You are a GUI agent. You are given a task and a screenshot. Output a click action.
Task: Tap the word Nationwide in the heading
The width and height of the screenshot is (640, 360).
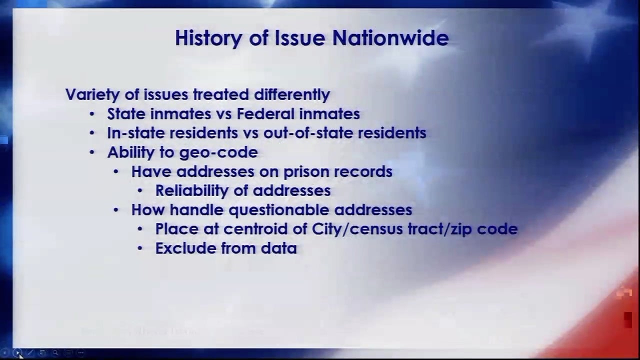[390, 37]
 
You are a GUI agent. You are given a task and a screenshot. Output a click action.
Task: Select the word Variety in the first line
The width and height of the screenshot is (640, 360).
[92, 95]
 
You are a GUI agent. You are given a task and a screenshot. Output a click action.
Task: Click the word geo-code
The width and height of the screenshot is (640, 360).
[218, 152]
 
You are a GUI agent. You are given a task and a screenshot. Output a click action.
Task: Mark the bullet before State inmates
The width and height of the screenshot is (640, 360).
[91, 114]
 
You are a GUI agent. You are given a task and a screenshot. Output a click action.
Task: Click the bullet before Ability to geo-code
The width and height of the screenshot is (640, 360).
[91, 152]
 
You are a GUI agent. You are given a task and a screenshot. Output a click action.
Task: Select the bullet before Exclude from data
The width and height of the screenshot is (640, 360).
[139, 248]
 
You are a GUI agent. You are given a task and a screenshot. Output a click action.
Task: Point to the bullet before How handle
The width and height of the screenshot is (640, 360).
[115, 210]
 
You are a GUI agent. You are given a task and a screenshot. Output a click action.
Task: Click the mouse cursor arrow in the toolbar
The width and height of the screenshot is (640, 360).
[20, 355]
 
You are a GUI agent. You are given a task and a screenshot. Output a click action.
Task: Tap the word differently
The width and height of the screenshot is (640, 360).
[292, 95]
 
